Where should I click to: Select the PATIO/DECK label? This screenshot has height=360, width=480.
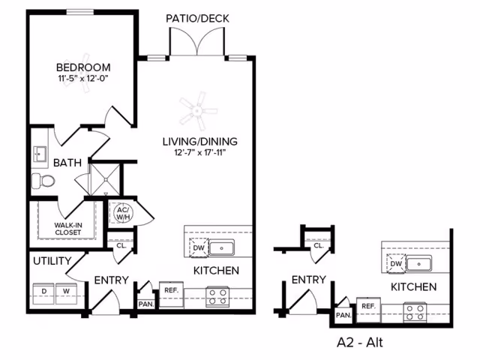(x=198, y=19)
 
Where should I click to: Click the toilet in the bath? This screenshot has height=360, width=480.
(x=42, y=180)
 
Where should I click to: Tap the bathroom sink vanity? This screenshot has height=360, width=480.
(x=40, y=154)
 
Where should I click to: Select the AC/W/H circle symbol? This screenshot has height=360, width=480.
(x=121, y=213)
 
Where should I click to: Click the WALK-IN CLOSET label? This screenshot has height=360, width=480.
(x=68, y=228)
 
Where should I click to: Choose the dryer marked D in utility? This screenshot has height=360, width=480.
(x=43, y=290)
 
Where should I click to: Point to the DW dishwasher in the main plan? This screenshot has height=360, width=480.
(x=198, y=247)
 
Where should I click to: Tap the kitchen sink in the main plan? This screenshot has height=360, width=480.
(x=222, y=247)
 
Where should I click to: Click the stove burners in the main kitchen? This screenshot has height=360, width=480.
(x=217, y=296)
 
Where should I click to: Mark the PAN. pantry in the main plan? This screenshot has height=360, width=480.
(x=145, y=304)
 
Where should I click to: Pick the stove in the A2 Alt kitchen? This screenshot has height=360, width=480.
(x=415, y=312)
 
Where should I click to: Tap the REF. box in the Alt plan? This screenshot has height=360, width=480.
(x=368, y=307)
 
